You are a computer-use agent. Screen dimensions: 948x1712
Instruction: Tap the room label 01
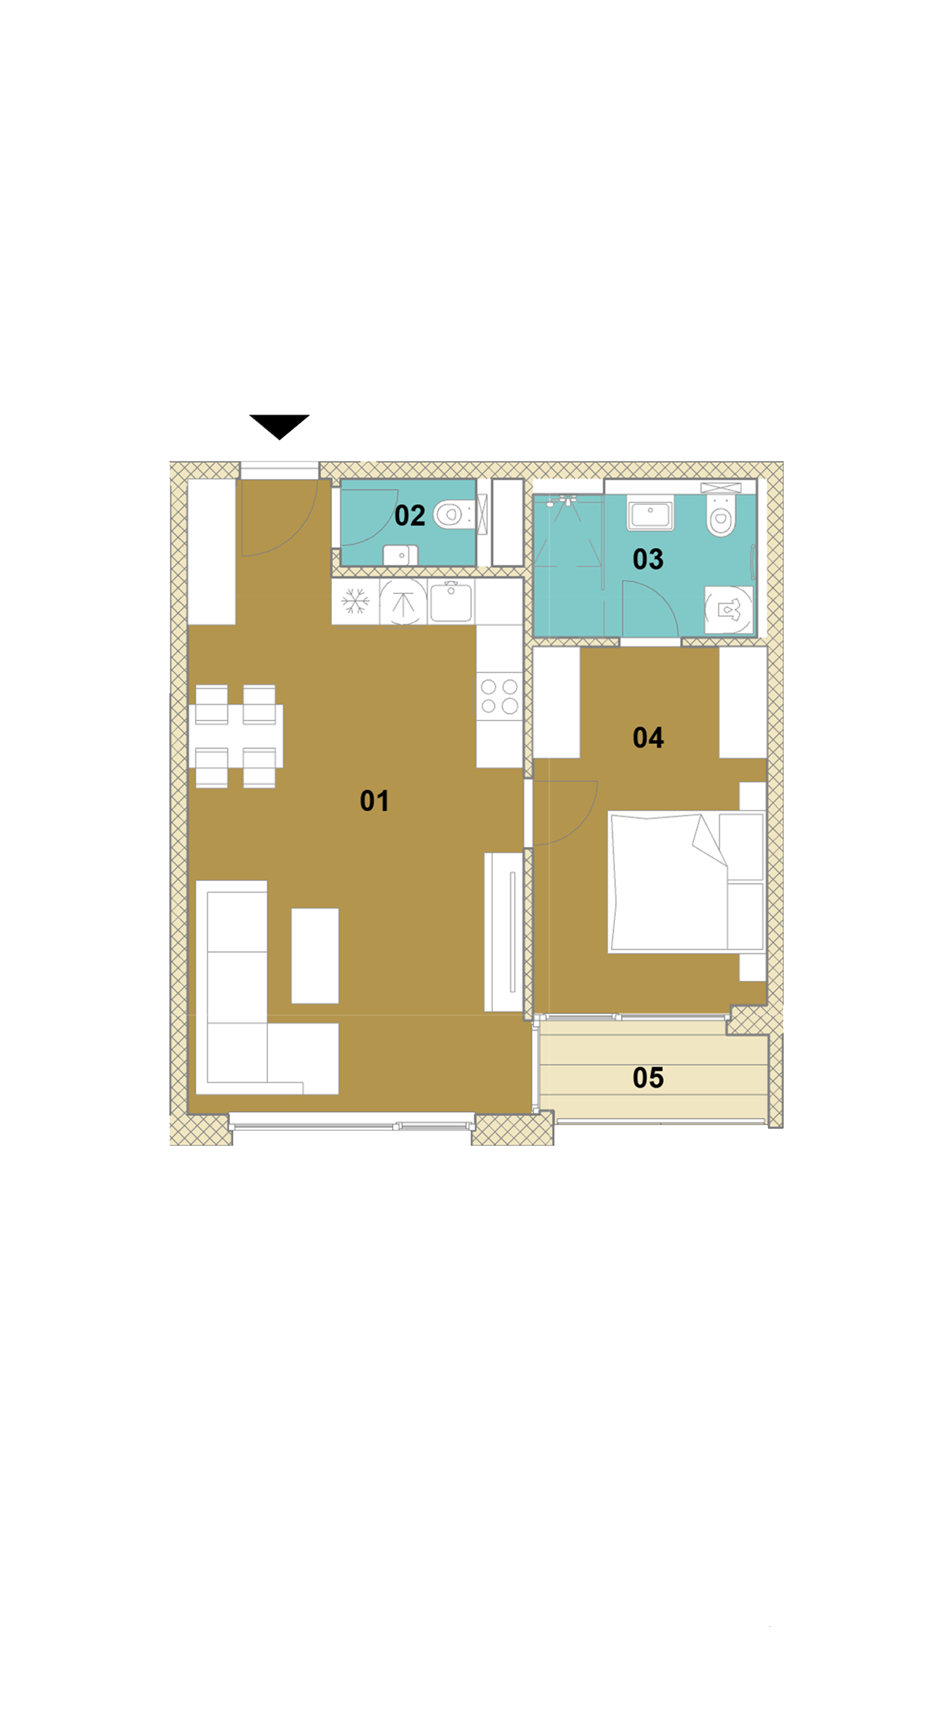[374, 801]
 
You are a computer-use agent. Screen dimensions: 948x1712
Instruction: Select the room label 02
[410, 515]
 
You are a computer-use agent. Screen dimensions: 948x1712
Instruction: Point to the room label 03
[648, 559]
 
